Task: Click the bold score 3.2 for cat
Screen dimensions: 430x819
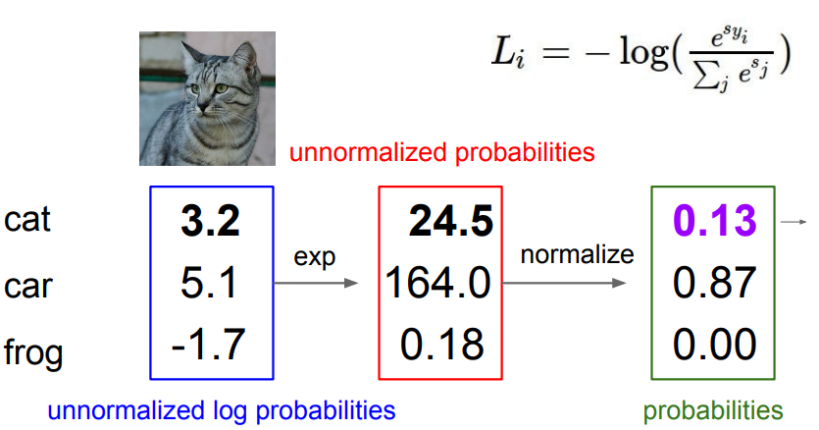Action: tap(210, 222)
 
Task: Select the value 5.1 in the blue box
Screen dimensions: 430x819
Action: tap(210, 284)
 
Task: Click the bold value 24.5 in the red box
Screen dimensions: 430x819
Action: tap(450, 223)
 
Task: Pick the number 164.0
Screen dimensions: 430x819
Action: tap(438, 284)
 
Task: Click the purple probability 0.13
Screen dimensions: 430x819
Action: tap(714, 223)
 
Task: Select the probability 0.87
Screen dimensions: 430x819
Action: tap(714, 284)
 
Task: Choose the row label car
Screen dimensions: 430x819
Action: tap(26, 286)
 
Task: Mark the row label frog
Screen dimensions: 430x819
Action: tap(32, 350)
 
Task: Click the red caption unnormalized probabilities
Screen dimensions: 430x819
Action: tap(441, 153)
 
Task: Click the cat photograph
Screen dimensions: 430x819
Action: tap(207, 97)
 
